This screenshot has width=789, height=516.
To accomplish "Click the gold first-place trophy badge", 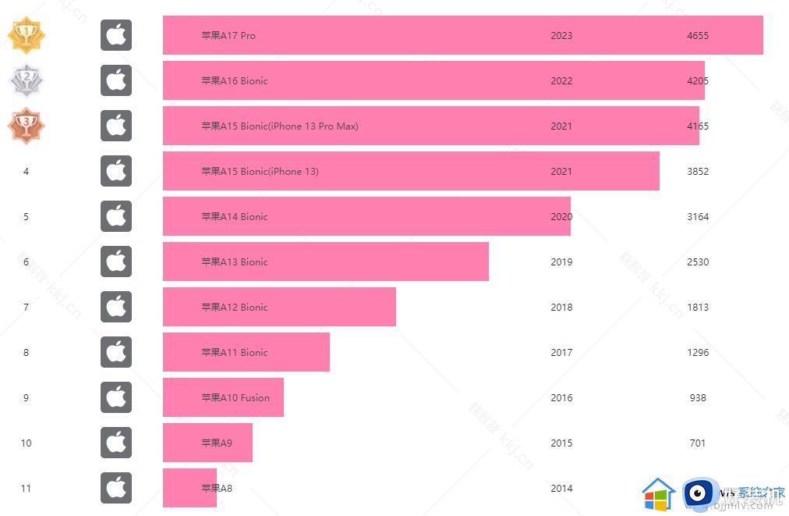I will pos(27,35).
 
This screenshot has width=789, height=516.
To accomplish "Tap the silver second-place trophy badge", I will pos(27,80).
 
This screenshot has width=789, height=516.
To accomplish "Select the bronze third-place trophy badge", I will pos(27,126).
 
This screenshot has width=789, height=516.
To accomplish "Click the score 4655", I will pos(698,35).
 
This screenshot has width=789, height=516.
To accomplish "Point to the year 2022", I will pos(561,80).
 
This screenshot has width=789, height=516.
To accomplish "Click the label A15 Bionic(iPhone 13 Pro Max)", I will pos(280,126).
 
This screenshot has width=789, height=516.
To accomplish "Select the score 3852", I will pos(698,171).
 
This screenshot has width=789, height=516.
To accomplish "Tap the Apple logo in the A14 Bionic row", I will pos(116,216).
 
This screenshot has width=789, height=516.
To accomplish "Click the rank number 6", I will pos(26,262).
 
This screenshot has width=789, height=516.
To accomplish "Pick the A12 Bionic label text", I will pos(235,307).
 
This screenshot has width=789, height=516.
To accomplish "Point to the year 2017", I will pos(561,352).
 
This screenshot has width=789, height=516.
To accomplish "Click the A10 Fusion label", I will pos(235,397).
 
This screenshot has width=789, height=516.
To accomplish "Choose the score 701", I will pos(698,443).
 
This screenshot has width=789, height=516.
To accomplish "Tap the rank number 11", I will pos(26,488).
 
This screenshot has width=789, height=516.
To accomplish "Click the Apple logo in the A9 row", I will pos(116,443).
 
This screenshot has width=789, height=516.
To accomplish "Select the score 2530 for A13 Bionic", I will pos(698,262).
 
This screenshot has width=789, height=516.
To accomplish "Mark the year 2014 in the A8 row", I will pos(561,488).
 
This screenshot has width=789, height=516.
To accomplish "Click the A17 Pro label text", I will pos(228,35).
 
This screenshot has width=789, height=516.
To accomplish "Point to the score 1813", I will pos(698,307).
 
